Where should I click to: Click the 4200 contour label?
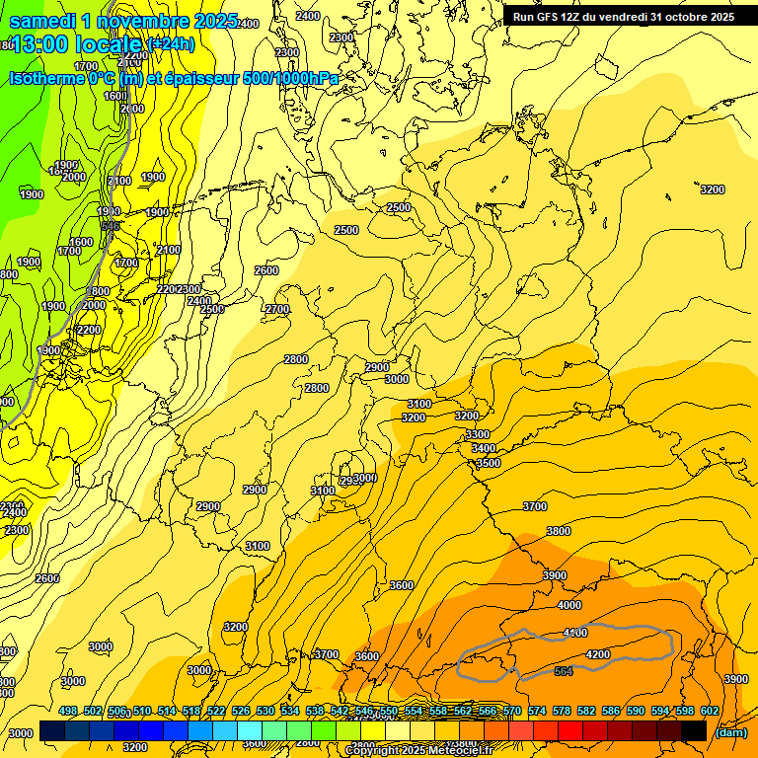[598, 654]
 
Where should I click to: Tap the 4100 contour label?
[574, 633]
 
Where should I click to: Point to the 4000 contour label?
[569, 605]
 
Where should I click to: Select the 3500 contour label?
[488, 463]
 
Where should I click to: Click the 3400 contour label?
[484, 448]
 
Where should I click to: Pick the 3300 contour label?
[478, 434]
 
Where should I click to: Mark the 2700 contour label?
[277, 309]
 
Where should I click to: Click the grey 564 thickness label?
[564, 671]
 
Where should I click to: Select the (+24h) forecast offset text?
[172, 44]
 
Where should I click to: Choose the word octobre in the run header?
[686, 17]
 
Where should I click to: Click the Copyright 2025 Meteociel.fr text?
[432, 751]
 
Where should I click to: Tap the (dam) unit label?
[730, 732]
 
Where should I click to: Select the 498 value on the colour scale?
[68, 712]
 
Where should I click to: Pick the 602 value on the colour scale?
[709, 712]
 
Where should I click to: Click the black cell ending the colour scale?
[694, 730]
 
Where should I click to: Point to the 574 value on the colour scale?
[537, 712]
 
